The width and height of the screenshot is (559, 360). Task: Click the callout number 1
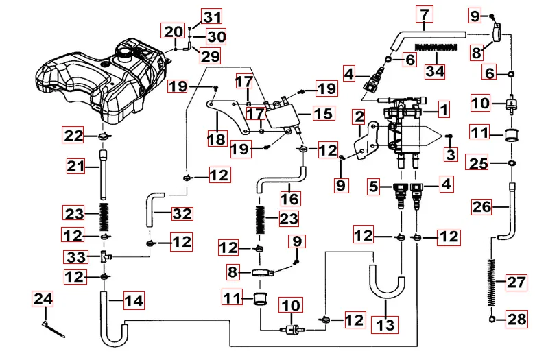point(444,108)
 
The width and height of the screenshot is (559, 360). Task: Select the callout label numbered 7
point(425,14)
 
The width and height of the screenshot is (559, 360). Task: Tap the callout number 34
point(435,70)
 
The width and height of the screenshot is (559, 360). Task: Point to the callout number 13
point(386,324)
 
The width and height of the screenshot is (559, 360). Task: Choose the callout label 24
point(43,299)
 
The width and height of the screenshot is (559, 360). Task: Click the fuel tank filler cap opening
point(128,51)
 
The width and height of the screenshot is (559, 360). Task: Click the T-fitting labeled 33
point(104,256)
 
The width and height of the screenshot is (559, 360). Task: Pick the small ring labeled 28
point(493,320)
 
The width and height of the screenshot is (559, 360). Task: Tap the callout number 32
point(182,213)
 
